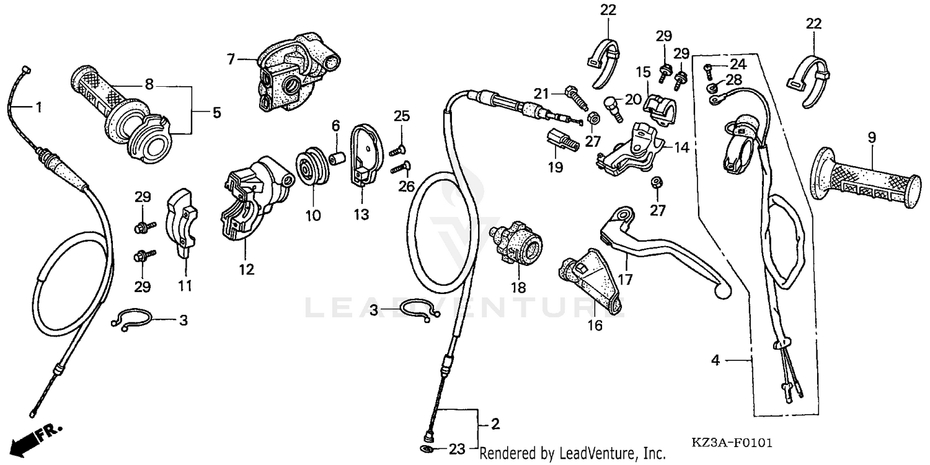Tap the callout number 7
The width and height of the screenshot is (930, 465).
pos(231,60)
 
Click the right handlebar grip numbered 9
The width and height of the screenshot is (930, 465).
pos(865,180)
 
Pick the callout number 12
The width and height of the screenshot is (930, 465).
pos(246,270)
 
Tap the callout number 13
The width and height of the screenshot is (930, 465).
pos(361,215)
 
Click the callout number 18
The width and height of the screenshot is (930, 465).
pos(518,288)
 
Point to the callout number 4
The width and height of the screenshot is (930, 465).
pos(715,360)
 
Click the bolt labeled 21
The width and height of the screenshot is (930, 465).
pos(574,97)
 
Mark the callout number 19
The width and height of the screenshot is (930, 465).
pos(556,167)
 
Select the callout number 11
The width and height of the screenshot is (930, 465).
pos(185,286)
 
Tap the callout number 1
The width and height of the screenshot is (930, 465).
pos(38,107)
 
